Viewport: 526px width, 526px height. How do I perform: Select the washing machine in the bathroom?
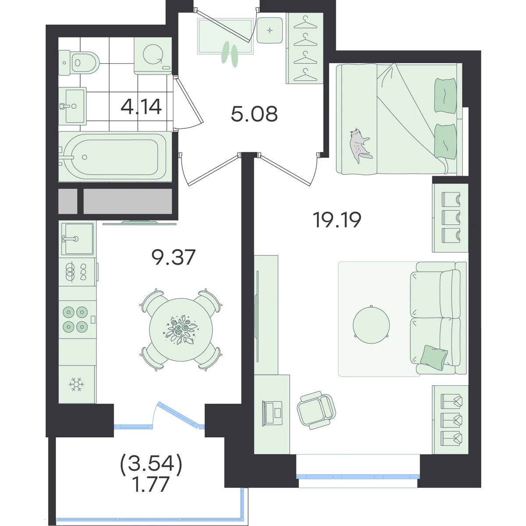pos(153,56)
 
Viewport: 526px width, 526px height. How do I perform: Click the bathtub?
pos(115,156)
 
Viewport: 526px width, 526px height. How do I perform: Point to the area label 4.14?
pos(141,107)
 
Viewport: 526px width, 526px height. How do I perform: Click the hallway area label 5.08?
pos(254,114)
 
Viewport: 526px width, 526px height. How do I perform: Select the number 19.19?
pos(338,220)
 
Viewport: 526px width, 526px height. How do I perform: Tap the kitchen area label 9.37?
pos(174,257)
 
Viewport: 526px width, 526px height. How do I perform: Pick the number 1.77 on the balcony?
pos(151,492)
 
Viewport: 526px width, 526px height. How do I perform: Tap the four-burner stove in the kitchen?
pos(78,320)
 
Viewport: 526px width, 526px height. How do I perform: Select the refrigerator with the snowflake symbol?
pos(78,384)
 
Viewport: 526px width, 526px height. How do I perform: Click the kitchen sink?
pos(78,239)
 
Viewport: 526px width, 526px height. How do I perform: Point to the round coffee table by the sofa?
pos(371,325)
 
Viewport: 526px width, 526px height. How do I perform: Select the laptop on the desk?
pos(272,413)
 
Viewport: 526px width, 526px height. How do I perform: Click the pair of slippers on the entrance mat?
pos(230,54)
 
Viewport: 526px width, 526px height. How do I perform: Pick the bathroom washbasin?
pos(73,106)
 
